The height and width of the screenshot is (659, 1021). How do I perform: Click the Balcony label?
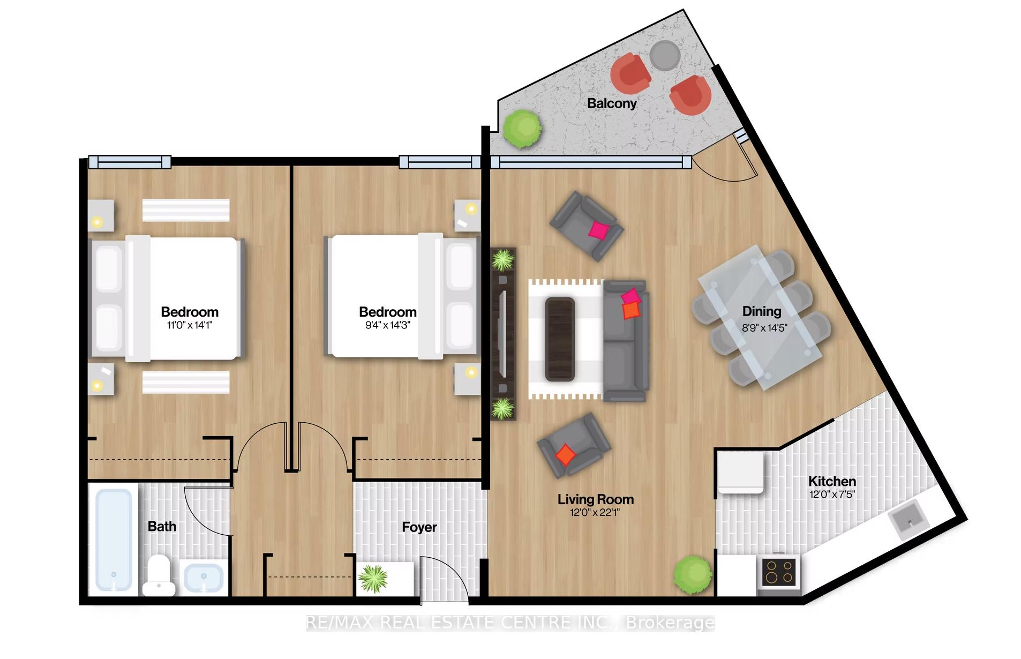tap(612, 103)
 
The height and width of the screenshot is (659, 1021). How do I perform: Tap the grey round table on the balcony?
tap(665, 55)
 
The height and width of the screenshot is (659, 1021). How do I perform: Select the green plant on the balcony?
tap(522, 129)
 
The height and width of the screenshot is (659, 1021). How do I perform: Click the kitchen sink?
tap(907, 518)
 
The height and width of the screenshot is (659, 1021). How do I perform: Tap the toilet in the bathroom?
tap(159, 575)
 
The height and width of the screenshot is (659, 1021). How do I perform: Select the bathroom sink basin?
tap(204, 578)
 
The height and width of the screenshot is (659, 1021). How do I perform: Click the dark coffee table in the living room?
tap(560, 340)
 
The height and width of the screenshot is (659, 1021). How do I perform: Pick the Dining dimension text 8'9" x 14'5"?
tap(764, 328)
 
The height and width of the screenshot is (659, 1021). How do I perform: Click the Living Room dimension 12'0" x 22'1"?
tap(595, 512)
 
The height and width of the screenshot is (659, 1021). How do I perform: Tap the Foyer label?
tap(419, 527)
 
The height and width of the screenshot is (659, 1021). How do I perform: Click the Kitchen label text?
tap(832, 481)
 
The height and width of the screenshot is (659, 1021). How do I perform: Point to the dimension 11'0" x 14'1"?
tap(190, 325)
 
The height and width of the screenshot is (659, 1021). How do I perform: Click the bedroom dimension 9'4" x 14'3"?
tap(388, 325)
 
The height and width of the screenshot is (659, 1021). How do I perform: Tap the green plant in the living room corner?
tap(693, 575)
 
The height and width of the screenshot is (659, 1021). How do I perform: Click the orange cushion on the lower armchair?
tap(565, 454)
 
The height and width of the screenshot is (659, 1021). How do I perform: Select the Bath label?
tap(162, 527)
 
